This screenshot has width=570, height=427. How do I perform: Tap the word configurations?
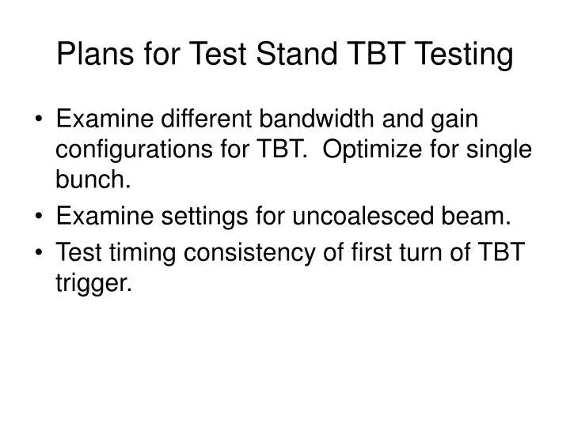coord(135,150)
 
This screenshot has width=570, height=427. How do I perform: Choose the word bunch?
coord(93,180)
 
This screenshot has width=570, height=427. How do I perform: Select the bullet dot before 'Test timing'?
coord(39,252)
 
